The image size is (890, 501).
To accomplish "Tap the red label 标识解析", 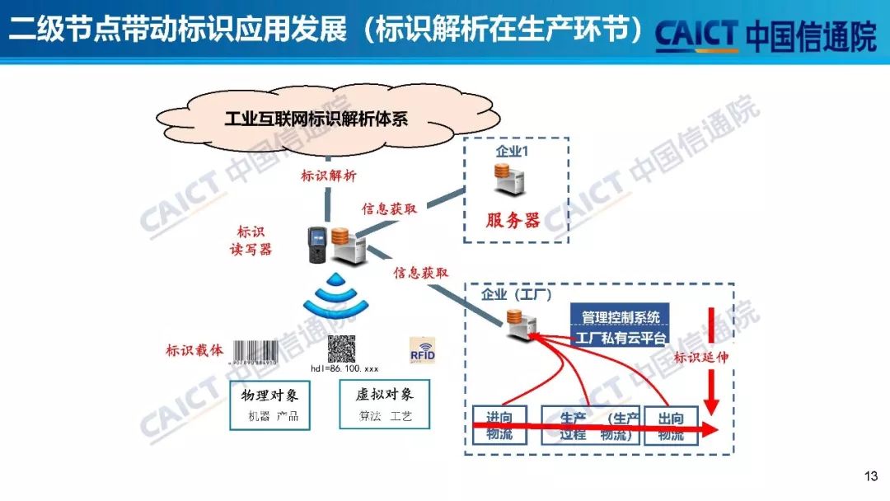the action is click(x=328, y=175).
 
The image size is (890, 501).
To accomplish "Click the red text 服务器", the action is click(x=512, y=220).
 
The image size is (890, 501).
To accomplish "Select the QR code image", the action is click(x=341, y=348).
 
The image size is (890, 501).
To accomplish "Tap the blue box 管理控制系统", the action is click(x=620, y=316).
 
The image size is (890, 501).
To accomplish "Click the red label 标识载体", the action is click(x=194, y=350).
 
